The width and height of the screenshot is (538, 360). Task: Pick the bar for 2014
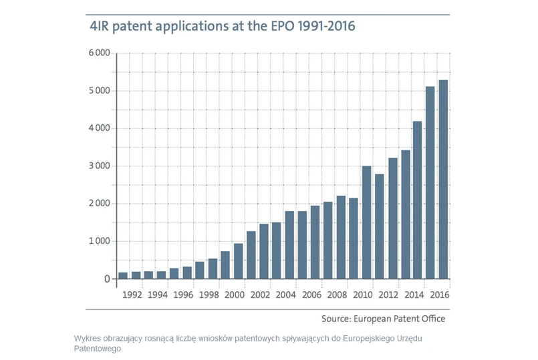(x=418, y=200)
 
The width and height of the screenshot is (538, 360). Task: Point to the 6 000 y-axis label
(x=98, y=53)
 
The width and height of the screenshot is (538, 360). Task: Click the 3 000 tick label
(x=98, y=166)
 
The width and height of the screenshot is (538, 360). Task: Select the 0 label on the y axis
(x=106, y=279)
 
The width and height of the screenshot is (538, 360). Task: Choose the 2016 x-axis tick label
(x=439, y=294)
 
